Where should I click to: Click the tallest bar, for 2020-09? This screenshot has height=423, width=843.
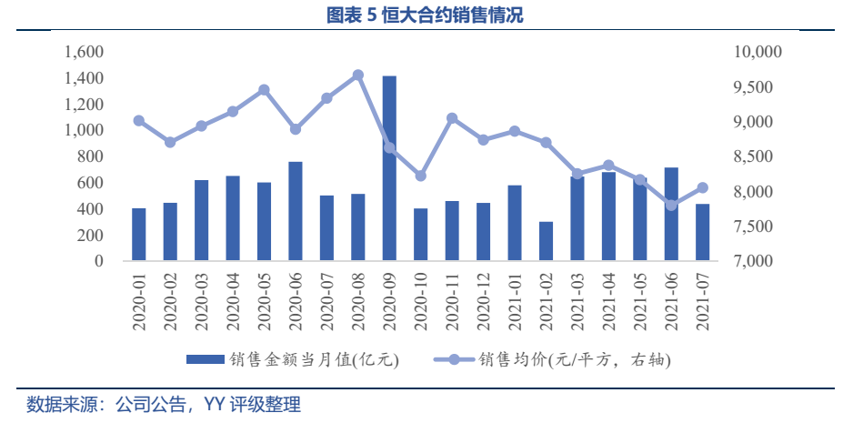coord(389,168)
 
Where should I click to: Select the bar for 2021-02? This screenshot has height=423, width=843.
coord(546,241)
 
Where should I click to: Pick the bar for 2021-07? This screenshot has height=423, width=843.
coord(702,232)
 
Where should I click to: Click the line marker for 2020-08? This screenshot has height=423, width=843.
coord(358,76)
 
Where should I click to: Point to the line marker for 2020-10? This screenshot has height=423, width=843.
coord(420,176)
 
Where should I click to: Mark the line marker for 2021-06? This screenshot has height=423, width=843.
coord(671,205)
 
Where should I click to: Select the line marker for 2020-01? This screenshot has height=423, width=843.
coord(139,120)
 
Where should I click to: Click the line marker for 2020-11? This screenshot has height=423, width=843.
coord(452,118)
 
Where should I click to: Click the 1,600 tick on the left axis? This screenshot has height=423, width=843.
coord(85,53)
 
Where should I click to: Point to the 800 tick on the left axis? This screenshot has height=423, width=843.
coord(91,157)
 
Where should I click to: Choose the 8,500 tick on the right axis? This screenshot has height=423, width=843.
coord(752,157)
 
